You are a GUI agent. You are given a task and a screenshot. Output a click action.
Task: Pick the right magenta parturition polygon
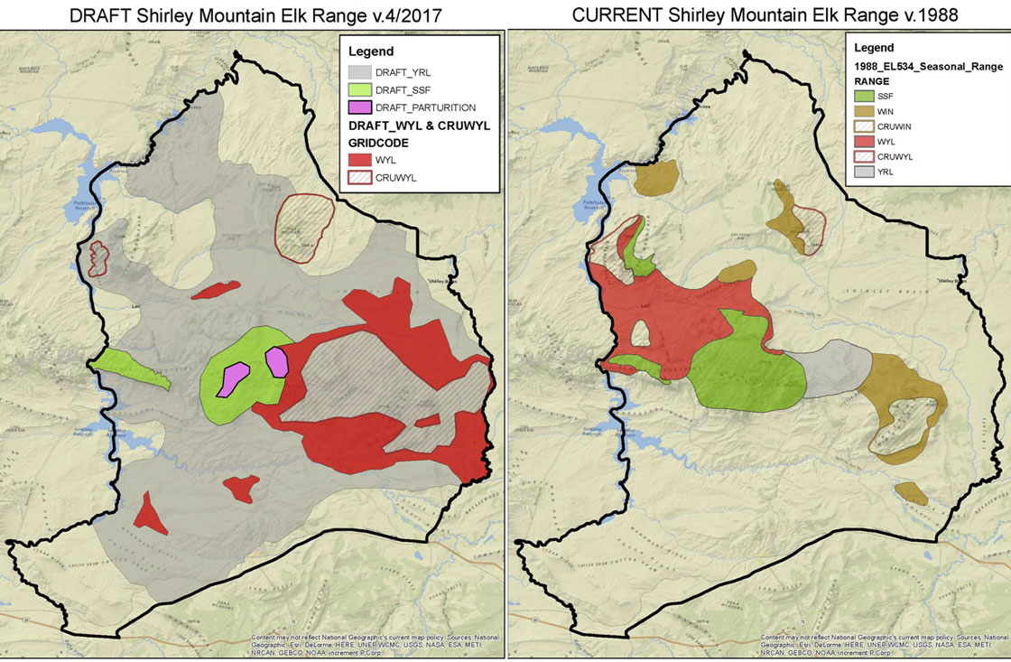pyautogui.click(x=275, y=361)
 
